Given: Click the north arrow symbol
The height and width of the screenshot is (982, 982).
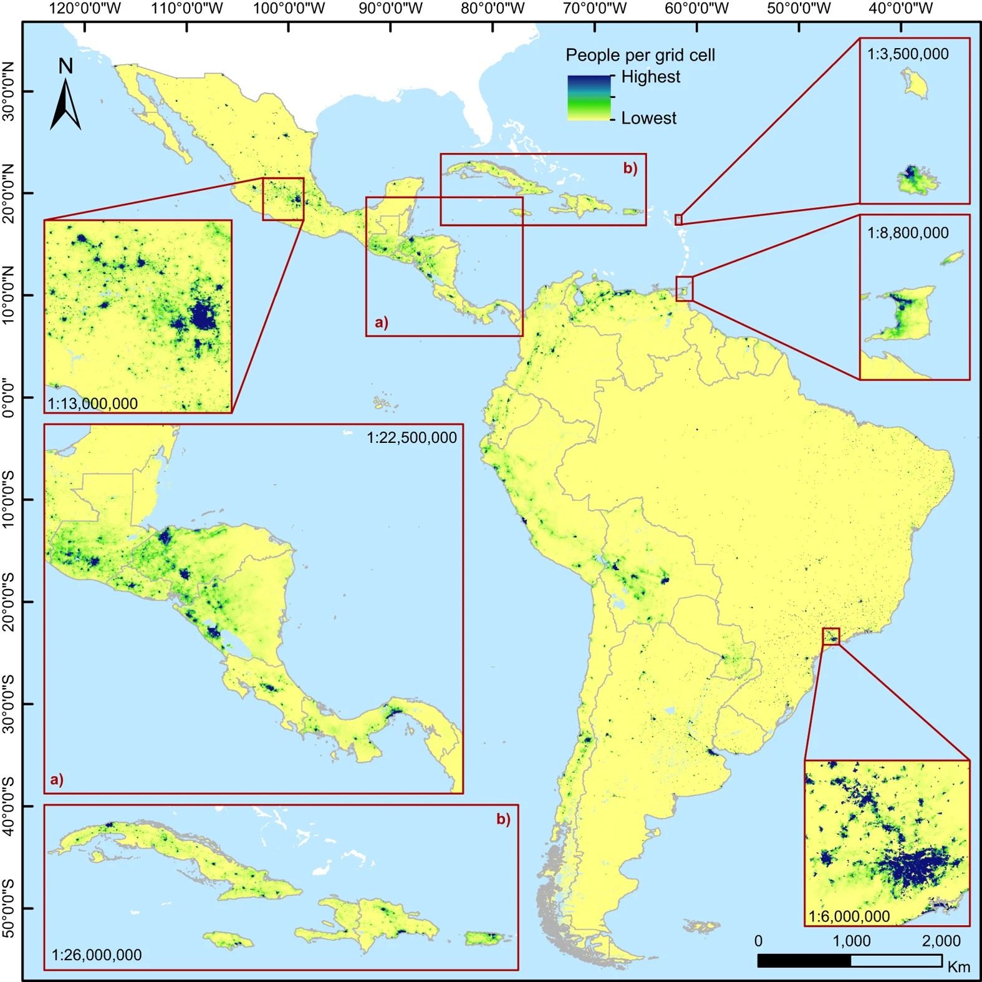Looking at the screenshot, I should [65, 103].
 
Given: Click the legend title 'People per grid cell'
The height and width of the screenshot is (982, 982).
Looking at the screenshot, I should [640, 56].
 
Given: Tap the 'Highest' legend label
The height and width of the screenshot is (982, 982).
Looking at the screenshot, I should [650, 77].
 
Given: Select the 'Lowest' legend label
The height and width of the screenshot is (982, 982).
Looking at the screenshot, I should [648, 118].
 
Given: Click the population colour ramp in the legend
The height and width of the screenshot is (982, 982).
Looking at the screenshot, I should [589, 97].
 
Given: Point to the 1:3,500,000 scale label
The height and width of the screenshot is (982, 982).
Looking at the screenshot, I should [908, 54].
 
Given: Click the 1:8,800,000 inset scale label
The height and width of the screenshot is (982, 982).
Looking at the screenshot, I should [908, 233].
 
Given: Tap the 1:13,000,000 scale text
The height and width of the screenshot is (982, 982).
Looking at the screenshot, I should [93, 404].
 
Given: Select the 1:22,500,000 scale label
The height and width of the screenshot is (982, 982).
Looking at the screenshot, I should [412, 438].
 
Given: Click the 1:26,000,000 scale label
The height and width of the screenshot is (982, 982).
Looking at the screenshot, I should [97, 955].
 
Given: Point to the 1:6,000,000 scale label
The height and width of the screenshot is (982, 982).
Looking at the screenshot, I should [849, 916].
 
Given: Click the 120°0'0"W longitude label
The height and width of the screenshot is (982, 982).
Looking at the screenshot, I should [85, 8].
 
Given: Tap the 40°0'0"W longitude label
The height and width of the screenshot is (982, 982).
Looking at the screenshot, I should [901, 8].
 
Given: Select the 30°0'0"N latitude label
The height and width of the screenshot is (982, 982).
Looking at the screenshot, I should [8, 91].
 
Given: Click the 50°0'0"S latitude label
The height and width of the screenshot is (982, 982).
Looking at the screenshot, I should [8, 908].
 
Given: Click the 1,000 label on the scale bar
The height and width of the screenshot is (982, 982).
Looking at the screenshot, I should [852, 941].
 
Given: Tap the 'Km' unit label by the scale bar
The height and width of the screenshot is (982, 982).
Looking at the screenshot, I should [958, 967].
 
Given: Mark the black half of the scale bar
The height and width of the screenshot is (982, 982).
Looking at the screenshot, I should [804, 961].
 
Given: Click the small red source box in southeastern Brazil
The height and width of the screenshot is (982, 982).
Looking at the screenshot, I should [830, 636].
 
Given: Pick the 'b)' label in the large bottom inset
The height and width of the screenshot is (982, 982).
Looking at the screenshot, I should [503, 819].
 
